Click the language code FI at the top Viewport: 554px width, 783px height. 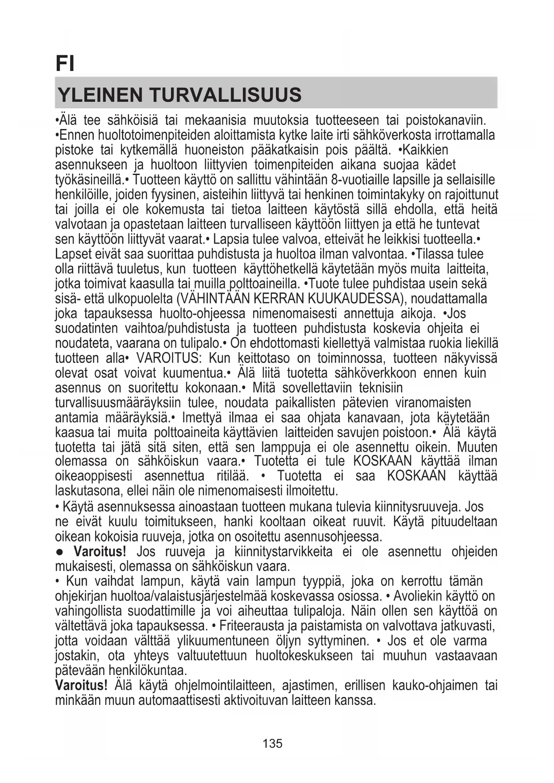tap(65, 63)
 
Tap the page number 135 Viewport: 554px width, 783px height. tap(272, 743)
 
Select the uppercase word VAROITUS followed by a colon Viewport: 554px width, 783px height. tap(170, 358)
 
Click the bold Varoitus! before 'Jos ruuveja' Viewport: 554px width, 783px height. tap(100, 551)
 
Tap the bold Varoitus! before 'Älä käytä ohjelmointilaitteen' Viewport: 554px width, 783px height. tap(81, 685)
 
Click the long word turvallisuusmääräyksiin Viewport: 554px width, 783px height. tap(118, 403)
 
